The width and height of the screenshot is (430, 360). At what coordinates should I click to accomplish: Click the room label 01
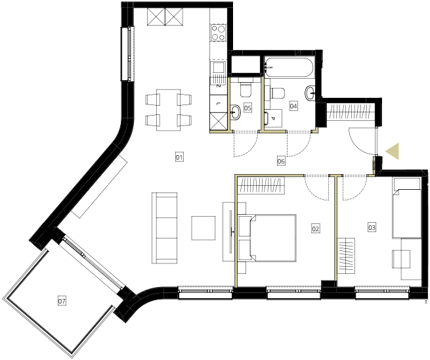click(179, 157)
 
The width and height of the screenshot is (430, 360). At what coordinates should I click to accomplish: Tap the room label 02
click(315, 229)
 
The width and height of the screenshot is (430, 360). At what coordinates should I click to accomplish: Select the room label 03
click(372, 227)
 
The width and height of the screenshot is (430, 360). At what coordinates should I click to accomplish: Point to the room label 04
click(293, 106)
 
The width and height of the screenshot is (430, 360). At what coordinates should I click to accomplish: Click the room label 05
click(247, 108)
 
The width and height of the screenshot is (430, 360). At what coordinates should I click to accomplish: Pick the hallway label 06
click(281, 161)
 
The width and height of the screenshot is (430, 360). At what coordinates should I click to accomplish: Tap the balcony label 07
click(62, 301)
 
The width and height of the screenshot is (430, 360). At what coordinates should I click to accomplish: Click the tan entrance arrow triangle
click(393, 151)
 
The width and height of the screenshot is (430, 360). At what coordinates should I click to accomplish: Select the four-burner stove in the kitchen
click(219, 33)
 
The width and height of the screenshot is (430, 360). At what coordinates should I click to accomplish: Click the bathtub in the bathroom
click(290, 68)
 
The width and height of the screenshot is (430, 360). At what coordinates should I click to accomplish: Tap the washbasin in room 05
click(235, 112)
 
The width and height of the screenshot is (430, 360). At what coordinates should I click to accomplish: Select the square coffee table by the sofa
click(204, 228)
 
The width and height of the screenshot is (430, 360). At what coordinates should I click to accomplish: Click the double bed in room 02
click(268, 238)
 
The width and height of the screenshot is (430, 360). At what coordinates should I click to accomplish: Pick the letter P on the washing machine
click(273, 118)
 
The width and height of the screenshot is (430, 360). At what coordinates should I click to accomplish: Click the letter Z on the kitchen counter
click(219, 86)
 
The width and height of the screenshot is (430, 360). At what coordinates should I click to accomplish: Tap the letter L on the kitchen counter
click(219, 103)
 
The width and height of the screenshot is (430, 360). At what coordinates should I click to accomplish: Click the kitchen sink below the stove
click(219, 68)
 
